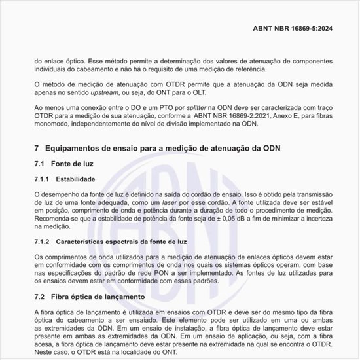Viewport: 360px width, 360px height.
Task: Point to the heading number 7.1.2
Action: coord(45,242)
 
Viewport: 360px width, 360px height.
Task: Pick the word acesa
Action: coord(45,344)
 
